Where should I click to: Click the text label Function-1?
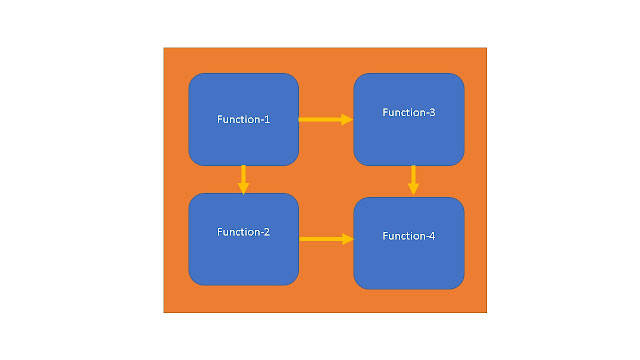pyautogui.click(x=243, y=120)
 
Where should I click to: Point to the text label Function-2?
pyautogui.click(x=243, y=232)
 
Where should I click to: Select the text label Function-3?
pyautogui.click(x=408, y=112)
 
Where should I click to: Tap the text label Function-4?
pyautogui.click(x=408, y=236)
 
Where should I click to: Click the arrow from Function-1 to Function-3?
pyautogui.click(x=322, y=120)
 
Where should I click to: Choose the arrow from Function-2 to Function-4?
pyautogui.click(x=322, y=239)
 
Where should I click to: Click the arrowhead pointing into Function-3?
pyautogui.click(x=347, y=120)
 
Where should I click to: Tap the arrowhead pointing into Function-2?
pyautogui.click(x=243, y=187)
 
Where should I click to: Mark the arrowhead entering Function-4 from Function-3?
pyautogui.click(x=412, y=190)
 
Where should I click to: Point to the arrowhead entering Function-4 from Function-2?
pyautogui.click(x=348, y=239)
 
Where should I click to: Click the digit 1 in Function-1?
pyautogui.click(x=267, y=120)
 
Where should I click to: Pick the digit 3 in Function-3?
pyautogui.click(x=432, y=112)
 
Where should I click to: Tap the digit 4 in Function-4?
pyautogui.click(x=432, y=236)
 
